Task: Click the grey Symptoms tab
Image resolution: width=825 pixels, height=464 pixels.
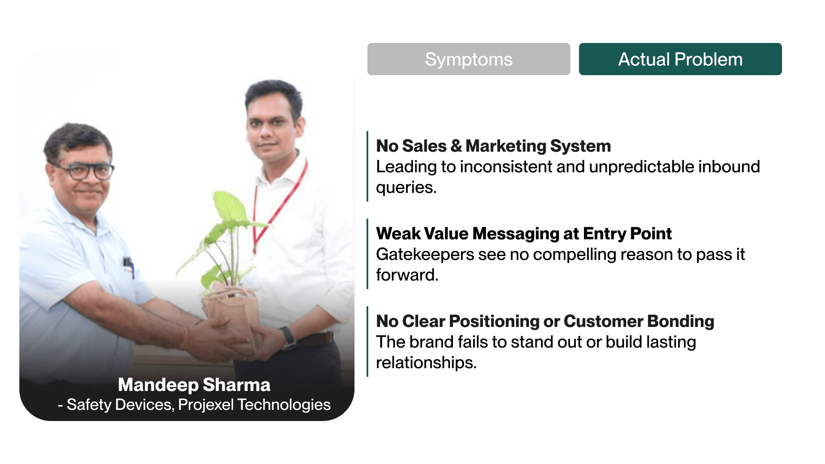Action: (x=469, y=59)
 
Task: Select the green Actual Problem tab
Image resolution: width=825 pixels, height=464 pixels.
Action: (x=680, y=59)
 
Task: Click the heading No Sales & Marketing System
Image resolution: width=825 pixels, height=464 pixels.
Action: (x=493, y=146)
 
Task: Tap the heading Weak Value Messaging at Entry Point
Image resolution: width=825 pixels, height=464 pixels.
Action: (x=524, y=234)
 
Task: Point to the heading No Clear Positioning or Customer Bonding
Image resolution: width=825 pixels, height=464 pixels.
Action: (x=545, y=321)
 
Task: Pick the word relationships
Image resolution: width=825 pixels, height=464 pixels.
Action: (x=426, y=363)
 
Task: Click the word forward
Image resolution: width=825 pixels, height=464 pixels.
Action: (x=407, y=275)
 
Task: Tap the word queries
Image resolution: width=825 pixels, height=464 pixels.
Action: (x=406, y=188)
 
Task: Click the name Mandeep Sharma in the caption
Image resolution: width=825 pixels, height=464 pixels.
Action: (x=194, y=385)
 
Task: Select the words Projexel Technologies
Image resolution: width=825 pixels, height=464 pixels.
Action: (x=254, y=405)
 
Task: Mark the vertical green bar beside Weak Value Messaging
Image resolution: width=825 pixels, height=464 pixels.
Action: (x=367, y=254)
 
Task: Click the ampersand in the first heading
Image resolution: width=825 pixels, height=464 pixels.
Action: (x=456, y=146)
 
